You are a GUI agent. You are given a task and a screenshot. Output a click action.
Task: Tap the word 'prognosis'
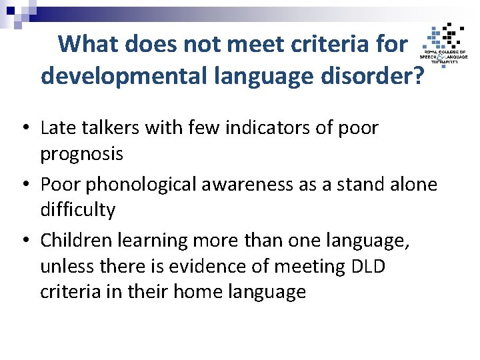(x=82, y=154)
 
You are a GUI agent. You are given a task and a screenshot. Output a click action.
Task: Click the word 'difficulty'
(x=78, y=210)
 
